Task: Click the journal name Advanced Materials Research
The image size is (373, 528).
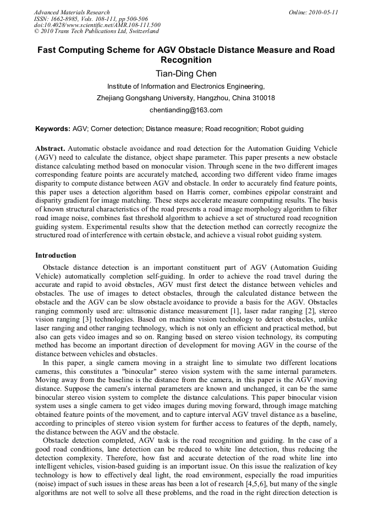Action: (72, 12)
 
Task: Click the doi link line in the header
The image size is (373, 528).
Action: (97, 25)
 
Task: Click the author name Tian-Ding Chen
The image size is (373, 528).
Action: (186, 74)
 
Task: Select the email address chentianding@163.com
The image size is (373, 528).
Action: (186, 110)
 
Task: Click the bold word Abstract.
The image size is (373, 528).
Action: (50, 149)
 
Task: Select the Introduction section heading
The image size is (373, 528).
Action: (56, 255)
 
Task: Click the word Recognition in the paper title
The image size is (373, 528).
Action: (186, 60)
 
